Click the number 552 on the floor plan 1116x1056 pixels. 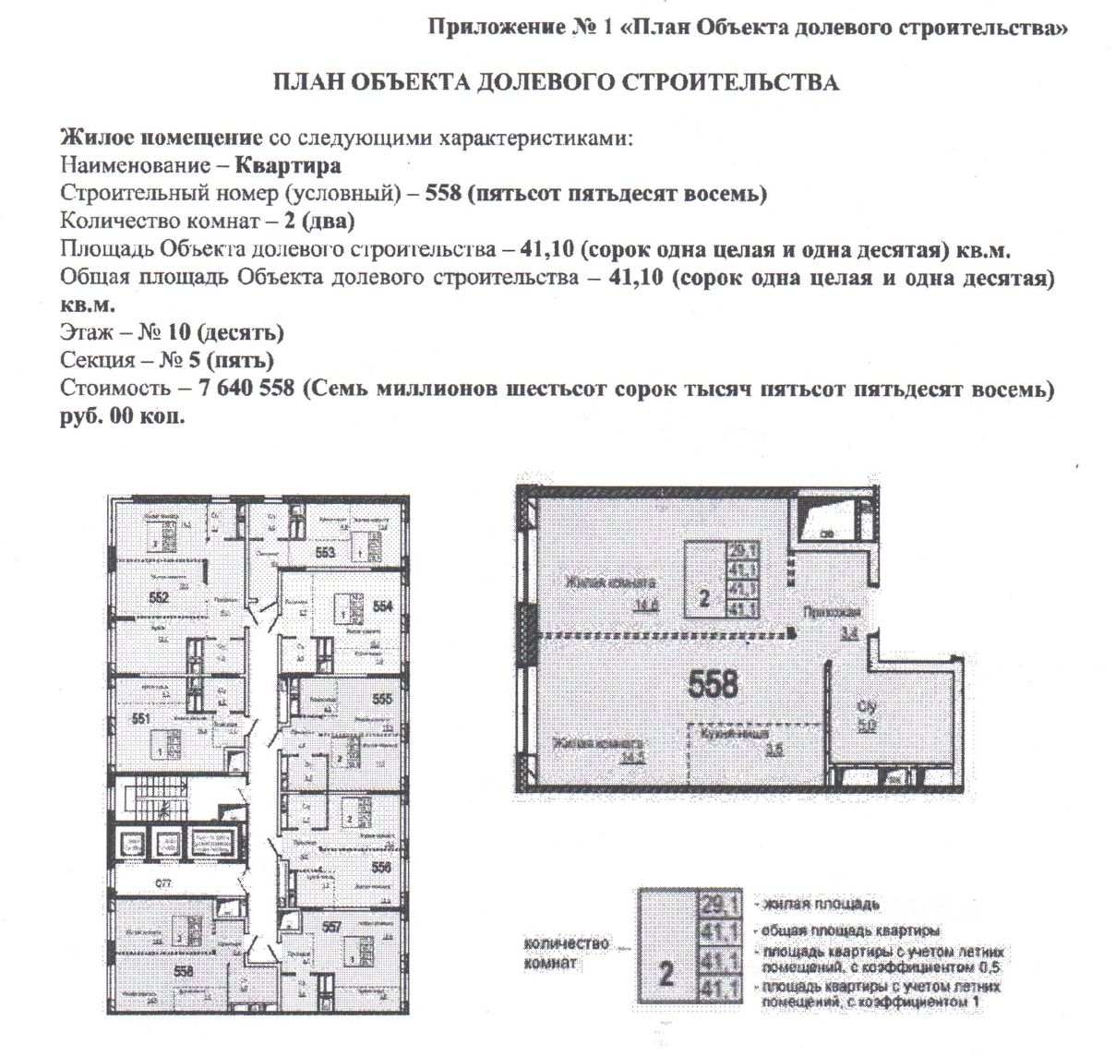pos(159,597)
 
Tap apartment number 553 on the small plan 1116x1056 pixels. pos(325,553)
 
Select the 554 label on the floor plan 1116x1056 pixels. pos(383,606)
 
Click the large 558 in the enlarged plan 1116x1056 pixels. pos(714,684)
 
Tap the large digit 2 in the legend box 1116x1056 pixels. pos(667,974)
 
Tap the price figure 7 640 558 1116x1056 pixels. pos(246,389)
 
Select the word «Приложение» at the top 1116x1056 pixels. pos(491,28)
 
